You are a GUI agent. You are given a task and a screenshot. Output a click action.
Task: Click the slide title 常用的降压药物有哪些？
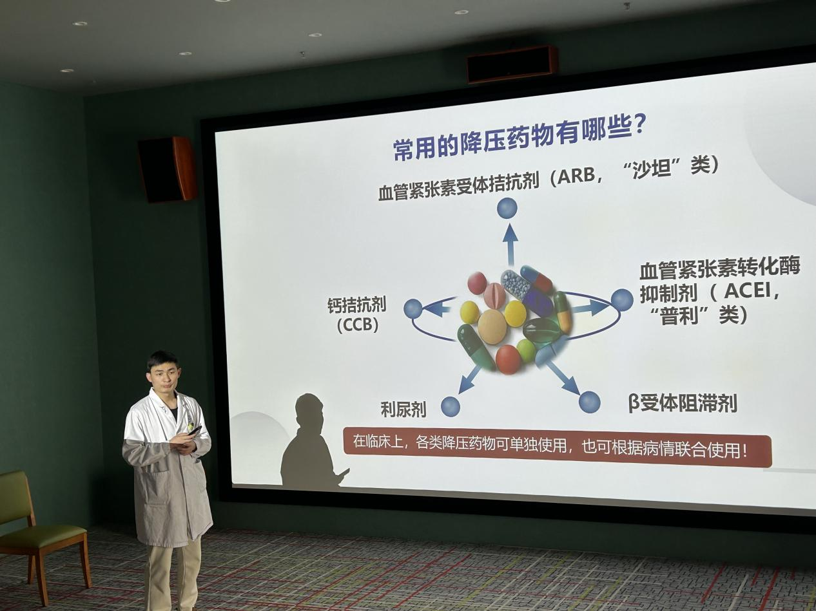[x=520, y=138]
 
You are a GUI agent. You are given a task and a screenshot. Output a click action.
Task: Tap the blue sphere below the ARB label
[x=507, y=208]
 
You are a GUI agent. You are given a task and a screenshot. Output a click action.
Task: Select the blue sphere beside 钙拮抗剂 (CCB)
[x=413, y=308]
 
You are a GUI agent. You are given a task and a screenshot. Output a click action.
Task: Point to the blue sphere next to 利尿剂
[x=451, y=406]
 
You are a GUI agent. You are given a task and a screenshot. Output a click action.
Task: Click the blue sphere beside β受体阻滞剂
[x=589, y=402]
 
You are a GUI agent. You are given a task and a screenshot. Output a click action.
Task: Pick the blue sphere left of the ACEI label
[x=622, y=299]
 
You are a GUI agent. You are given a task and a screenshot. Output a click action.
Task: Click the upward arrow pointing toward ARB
[x=510, y=241]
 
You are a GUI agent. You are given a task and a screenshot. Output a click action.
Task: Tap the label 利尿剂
[x=403, y=409]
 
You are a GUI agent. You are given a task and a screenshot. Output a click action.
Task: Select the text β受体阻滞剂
[x=683, y=403]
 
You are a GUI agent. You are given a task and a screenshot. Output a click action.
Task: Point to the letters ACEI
[x=747, y=291]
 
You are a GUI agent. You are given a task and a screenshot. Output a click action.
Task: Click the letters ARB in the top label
[x=576, y=177]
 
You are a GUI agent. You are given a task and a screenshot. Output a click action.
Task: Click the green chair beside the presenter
[x=39, y=522]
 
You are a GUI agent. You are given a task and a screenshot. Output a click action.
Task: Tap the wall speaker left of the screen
[x=167, y=169]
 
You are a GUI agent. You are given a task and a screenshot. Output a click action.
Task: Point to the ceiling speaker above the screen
[x=512, y=64]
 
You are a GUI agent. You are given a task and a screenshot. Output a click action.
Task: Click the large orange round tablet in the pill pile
[x=492, y=326]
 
